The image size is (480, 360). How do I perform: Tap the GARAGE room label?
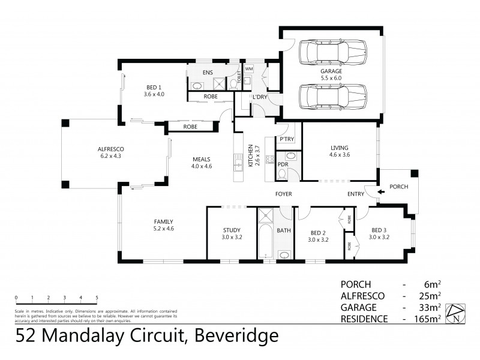330,71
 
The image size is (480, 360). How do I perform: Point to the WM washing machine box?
249,69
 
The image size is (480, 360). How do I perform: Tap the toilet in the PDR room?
282,174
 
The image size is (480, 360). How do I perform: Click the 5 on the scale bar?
97,297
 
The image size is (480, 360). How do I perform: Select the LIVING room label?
339,148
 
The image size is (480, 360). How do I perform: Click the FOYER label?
283,194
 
